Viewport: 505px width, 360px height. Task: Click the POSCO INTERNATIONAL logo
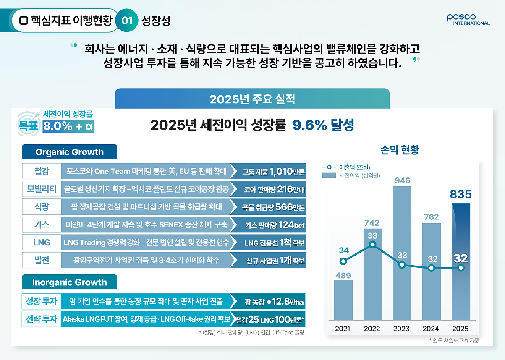468,20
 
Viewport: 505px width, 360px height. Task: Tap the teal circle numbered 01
127,21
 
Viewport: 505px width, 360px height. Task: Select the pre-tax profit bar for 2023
402,253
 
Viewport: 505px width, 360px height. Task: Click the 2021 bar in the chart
343,300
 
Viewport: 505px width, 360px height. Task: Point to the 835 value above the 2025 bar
461,194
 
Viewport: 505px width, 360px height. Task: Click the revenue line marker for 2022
373,245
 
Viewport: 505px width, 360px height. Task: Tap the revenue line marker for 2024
431,268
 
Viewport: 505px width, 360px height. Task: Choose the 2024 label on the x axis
431,329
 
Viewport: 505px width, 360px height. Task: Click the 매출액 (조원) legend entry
346,167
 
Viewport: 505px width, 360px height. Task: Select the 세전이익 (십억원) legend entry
351,175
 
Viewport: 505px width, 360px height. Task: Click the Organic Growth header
69,152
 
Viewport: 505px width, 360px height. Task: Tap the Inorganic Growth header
69,282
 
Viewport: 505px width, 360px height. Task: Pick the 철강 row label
42,171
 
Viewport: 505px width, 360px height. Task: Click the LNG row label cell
42,243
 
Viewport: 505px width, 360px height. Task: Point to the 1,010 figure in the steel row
281,172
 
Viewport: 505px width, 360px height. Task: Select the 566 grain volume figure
284,207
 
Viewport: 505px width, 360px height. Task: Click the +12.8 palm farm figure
278,301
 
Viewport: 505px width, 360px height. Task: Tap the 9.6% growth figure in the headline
309,125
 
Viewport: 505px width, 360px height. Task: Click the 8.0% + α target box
68,126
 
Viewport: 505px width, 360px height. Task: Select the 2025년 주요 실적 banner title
252,99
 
